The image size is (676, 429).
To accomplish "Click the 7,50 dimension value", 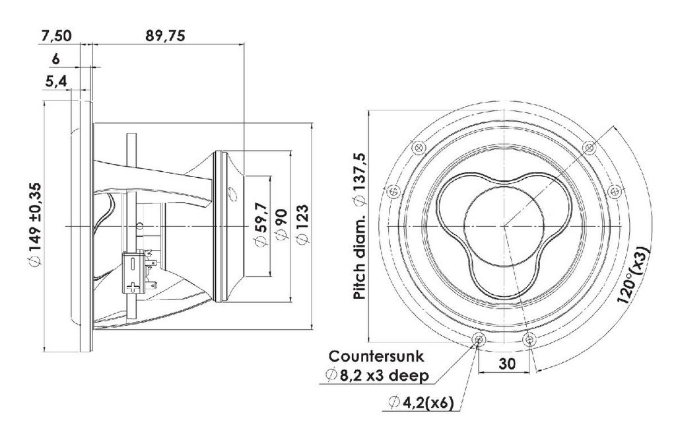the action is [56, 36].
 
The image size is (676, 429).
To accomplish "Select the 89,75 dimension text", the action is [165, 36].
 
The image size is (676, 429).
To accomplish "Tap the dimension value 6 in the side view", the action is [55, 59].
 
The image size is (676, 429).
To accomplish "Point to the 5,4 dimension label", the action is [56, 81].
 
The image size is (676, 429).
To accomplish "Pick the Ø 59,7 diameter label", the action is [261, 226].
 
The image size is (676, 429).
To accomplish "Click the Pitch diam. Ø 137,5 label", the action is [359, 226].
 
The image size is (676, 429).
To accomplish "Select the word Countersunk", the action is [376, 356].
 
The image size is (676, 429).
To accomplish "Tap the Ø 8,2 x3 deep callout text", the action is [378, 375].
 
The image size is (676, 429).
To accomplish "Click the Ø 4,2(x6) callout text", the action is [421, 403].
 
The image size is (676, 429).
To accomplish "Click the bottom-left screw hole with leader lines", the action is [478, 340].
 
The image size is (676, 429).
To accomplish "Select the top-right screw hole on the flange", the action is [589, 147].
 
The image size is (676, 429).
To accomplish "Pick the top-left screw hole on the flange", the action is [418, 147].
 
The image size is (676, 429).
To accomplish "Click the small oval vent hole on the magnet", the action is [232, 193].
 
